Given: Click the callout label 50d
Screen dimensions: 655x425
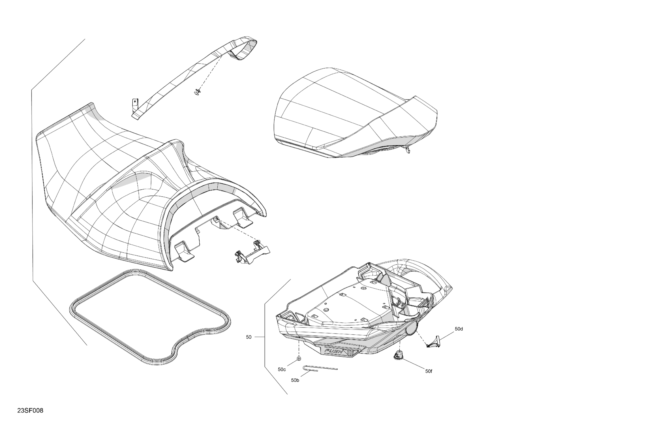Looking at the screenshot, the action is click(x=459, y=329).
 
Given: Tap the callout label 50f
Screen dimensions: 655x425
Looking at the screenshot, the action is click(x=428, y=371).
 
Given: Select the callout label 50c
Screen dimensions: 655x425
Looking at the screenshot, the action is click(x=282, y=369).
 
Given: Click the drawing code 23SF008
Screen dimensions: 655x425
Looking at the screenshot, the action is click(x=30, y=410).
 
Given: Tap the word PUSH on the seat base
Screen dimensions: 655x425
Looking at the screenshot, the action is click(x=334, y=351).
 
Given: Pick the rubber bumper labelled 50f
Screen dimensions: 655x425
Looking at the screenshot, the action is click(x=399, y=355).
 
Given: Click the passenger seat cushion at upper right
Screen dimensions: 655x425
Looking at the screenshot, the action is click(x=352, y=110).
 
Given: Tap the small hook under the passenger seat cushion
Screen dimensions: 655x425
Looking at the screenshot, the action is click(x=408, y=150).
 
